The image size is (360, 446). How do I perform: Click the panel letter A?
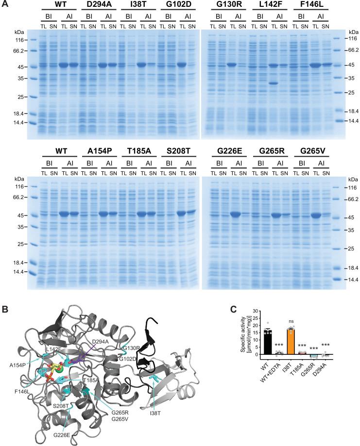pyautogui.click(x=4, y=4)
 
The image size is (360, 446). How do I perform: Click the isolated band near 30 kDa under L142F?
pyautogui.click(x=274, y=83)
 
